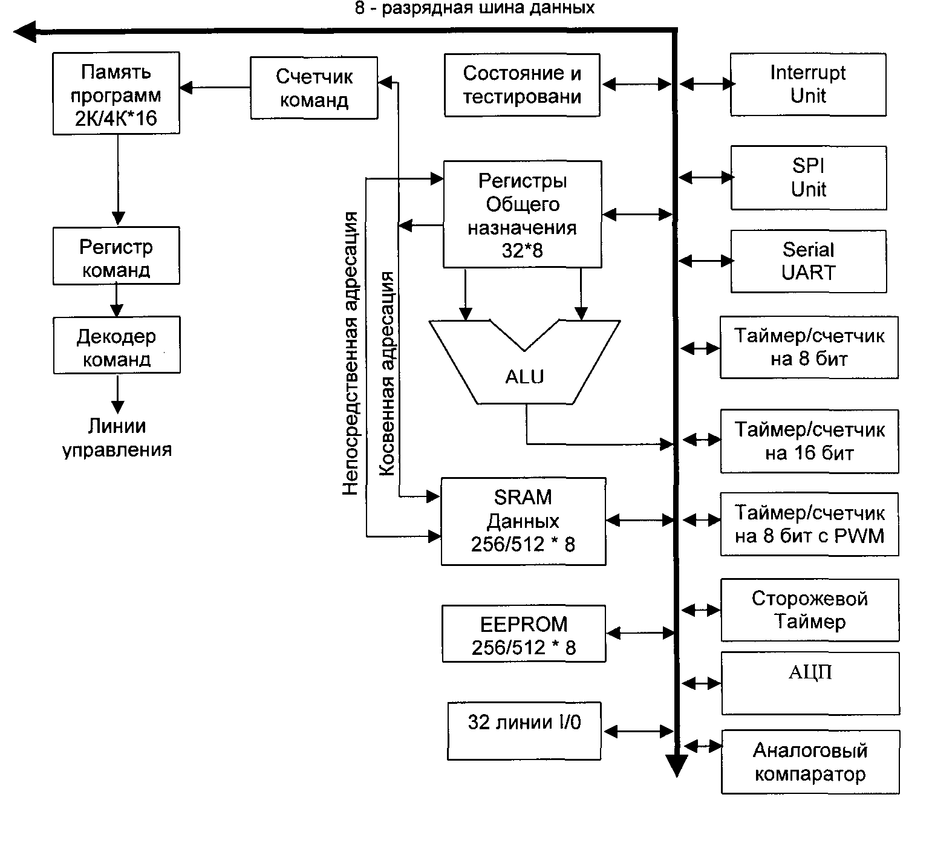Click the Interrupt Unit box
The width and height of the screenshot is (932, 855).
(808, 85)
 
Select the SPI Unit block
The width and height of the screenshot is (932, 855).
(809, 178)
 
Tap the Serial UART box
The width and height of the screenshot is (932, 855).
(809, 261)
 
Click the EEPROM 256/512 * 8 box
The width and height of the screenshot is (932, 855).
(524, 634)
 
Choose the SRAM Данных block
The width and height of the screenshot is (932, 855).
(523, 521)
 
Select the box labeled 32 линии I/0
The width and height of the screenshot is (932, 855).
(524, 731)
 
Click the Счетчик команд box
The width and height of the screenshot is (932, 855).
(314, 88)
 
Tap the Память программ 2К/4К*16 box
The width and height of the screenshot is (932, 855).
(116, 93)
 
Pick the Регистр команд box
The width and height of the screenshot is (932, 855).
(116, 256)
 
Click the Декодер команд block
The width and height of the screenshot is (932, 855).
(117, 345)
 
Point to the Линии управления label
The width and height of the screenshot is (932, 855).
(117, 438)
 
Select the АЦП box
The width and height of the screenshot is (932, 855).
(810, 683)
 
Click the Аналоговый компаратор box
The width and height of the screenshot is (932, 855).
(810, 762)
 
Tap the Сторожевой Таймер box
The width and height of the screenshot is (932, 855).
(810, 610)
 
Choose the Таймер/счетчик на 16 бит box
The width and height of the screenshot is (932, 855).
(809, 441)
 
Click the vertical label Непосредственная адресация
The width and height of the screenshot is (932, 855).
(351, 354)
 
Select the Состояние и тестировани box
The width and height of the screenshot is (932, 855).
(522, 85)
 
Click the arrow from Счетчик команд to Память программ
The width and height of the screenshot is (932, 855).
(215, 88)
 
